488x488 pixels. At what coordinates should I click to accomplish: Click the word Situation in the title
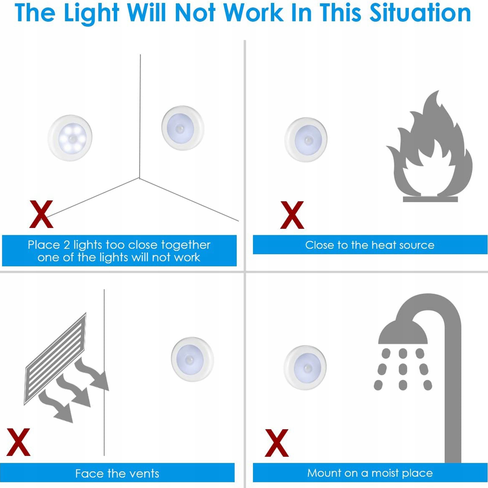pyautogui.click(x=420, y=13)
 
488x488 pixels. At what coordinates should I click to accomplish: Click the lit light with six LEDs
pyautogui.click(x=70, y=138)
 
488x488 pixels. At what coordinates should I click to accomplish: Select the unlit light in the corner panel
pyautogui.click(x=183, y=128)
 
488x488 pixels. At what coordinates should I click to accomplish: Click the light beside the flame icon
pyautogui.click(x=306, y=140)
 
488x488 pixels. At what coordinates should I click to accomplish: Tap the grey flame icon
pyautogui.click(x=430, y=146)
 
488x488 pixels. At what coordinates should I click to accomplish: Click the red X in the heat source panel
pyautogui.click(x=292, y=215)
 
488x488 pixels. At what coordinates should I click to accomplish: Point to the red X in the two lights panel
pyautogui.click(x=41, y=214)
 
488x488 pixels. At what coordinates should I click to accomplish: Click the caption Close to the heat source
pyautogui.click(x=370, y=245)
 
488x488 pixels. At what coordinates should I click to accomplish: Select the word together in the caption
pyautogui.click(x=186, y=245)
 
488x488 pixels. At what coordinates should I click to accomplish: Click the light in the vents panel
pyautogui.click(x=192, y=359)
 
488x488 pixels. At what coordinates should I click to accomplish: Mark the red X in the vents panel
pyautogui.click(x=18, y=442)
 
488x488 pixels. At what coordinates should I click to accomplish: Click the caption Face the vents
pyautogui.click(x=117, y=474)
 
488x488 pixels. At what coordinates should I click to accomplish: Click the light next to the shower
pyautogui.click(x=305, y=368)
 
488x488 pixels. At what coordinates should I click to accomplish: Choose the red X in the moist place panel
pyautogui.click(x=277, y=443)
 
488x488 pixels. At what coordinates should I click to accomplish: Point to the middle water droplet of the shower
pyautogui.click(x=403, y=369)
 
